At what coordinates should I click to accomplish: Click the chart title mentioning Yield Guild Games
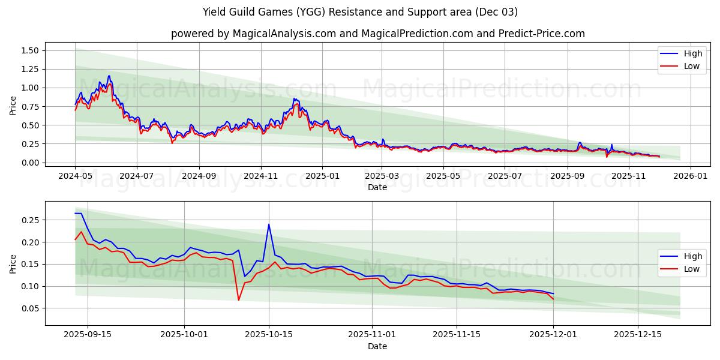pyautogui.click(x=360, y=12)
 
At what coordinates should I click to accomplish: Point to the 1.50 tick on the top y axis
pyautogui.click(x=29, y=50)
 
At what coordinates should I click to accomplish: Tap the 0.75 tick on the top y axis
pyautogui.click(x=29, y=107)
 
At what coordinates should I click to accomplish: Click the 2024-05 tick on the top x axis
pyautogui.click(x=75, y=177)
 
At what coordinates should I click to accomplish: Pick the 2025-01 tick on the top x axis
pyautogui.click(x=322, y=177)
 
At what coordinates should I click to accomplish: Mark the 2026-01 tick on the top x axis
pyautogui.click(x=691, y=177)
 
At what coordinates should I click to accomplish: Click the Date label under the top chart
pyautogui.click(x=377, y=187)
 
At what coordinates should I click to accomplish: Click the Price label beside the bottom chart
pyautogui.click(x=13, y=263)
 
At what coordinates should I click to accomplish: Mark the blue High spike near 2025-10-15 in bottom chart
pyautogui.click(x=269, y=224)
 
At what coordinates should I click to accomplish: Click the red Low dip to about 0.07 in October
pyautogui.click(x=238, y=300)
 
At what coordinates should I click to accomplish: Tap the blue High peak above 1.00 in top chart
pyautogui.click(x=109, y=76)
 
